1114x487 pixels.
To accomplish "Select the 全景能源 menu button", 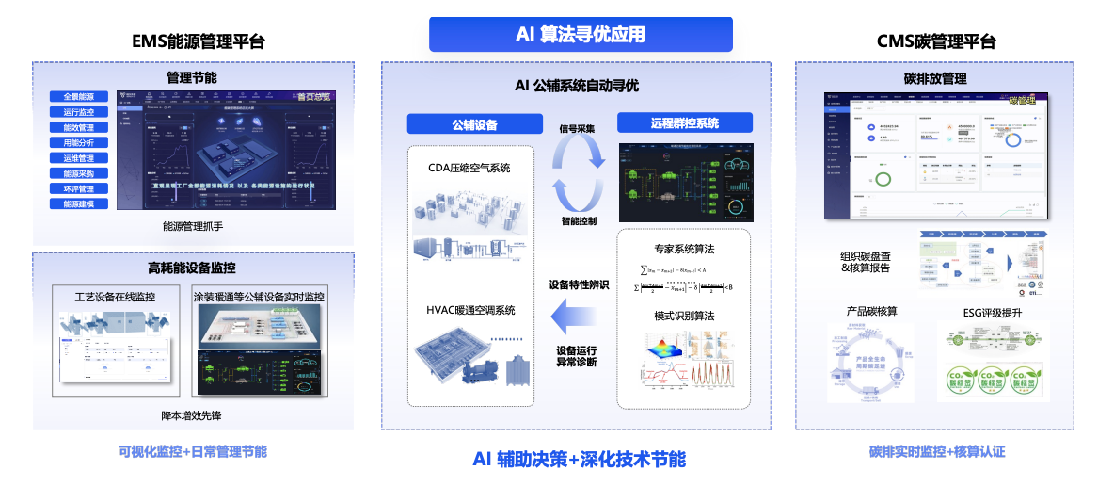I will click(x=79, y=97).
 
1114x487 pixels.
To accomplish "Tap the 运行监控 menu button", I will click(x=79, y=112).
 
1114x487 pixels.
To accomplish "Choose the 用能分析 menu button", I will click(x=79, y=143).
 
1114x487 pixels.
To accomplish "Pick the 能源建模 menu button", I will click(x=79, y=204).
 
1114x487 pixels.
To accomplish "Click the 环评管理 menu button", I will click(x=79, y=189).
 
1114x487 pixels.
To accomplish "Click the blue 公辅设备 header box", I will click(x=474, y=124).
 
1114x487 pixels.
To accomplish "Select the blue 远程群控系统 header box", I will click(x=684, y=122).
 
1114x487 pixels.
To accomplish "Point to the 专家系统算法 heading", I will click(x=684, y=249).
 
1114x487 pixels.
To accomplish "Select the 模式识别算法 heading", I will click(x=684, y=316).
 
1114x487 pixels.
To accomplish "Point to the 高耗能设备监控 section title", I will click(x=192, y=268).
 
